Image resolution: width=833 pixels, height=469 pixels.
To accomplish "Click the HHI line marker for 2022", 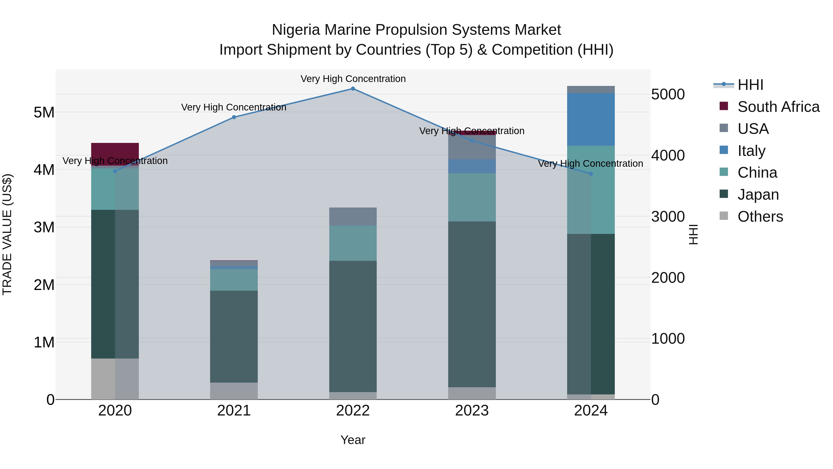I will (353, 89).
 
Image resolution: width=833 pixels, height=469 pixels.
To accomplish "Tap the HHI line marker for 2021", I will (234, 117).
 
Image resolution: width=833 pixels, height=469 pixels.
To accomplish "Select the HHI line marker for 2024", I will (591, 174).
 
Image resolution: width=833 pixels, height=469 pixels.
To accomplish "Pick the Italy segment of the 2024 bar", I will (591, 120).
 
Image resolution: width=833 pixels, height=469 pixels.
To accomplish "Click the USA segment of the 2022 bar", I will (353, 217).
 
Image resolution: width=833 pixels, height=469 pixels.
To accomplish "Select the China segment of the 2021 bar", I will (234, 280).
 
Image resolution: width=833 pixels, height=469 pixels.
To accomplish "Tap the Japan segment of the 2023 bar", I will (472, 304).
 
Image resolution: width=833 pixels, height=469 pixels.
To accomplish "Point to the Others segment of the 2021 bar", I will (234, 391).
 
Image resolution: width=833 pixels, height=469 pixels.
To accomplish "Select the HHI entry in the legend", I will (750, 85).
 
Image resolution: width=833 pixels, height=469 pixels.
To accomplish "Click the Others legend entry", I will (760, 217).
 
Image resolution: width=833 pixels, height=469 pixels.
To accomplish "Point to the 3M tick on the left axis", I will (44, 227).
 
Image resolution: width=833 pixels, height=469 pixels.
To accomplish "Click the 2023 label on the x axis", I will (472, 411).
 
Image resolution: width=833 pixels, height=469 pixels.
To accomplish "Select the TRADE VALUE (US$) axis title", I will (7, 234).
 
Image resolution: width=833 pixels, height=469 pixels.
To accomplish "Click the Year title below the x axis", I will (353, 440).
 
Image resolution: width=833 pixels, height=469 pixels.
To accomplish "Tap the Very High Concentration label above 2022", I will (353, 79).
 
